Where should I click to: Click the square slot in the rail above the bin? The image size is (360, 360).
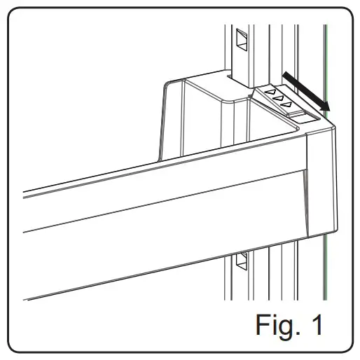click(242, 40)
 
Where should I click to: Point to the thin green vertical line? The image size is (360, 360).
click(326, 210)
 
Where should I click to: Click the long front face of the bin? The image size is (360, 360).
click(161, 210)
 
